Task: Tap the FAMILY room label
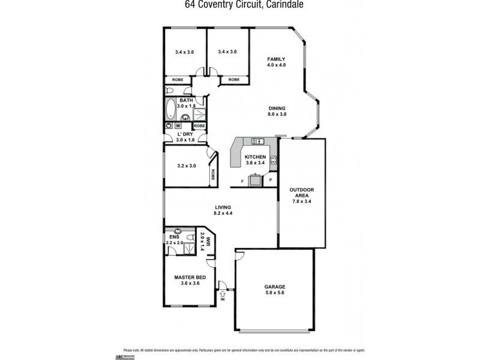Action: click(276, 62)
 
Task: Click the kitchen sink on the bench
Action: click(259, 142)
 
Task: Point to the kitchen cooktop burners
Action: click(274, 160)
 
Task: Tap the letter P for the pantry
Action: click(271, 180)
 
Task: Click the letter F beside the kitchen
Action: click(242, 180)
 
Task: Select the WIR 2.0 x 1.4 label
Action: click(206, 244)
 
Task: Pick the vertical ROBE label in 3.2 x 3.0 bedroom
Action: click(213, 175)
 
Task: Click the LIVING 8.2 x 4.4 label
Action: click(222, 210)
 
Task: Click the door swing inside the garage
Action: click(240, 256)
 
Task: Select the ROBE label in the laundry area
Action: click(199, 127)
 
